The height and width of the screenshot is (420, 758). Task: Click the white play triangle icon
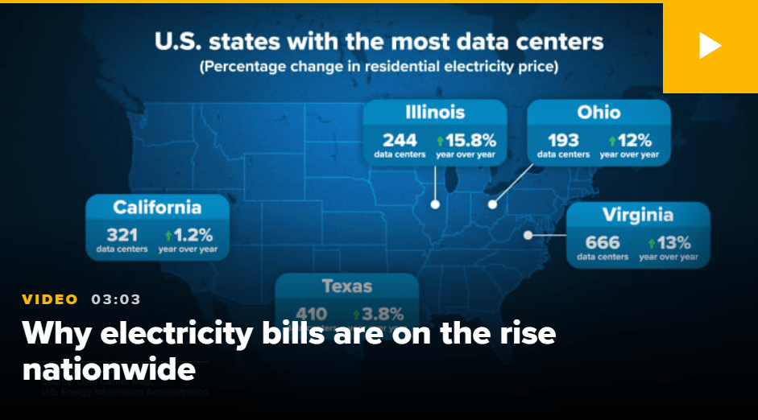click(x=709, y=46)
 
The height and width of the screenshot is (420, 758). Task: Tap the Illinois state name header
click(x=435, y=112)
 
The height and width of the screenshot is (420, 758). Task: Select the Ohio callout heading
click(x=599, y=112)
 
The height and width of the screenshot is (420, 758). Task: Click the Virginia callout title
click(x=637, y=215)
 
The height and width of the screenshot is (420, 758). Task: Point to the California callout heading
click(x=157, y=207)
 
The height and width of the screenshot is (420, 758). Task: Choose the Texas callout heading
click(x=347, y=286)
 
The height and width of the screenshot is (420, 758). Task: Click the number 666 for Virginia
click(x=602, y=241)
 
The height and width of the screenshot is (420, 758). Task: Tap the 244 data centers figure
click(x=400, y=139)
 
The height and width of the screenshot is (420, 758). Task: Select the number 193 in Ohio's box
click(x=563, y=139)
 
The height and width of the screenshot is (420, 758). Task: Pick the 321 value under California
click(x=122, y=235)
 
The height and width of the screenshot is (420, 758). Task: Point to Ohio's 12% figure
click(x=634, y=139)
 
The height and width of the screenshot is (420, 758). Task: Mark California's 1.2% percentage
click(x=193, y=235)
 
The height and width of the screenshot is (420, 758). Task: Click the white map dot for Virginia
click(x=528, y=236)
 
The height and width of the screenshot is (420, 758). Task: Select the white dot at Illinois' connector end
click(x=435, y=204)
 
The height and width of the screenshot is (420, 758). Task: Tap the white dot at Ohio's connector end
click(x=492, y=204)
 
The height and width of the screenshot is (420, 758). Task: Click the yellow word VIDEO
click(x=50, y=299)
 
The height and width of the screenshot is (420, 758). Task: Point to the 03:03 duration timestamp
click(x=116, y=299)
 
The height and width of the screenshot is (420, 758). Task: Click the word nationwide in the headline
click(x=109, y=369)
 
